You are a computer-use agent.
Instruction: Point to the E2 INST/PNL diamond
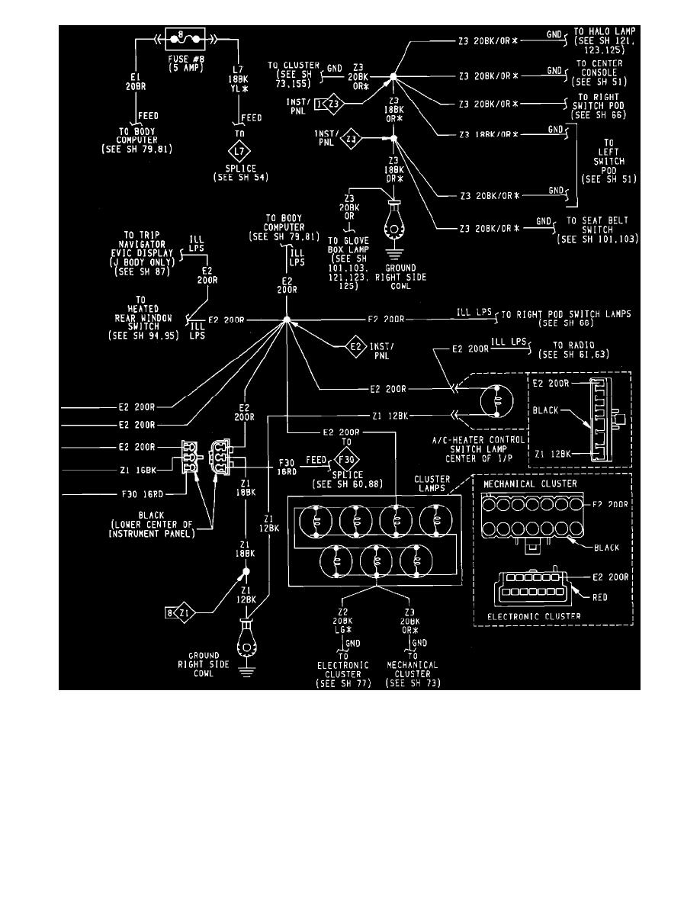354,348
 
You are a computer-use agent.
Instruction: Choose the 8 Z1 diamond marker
178,612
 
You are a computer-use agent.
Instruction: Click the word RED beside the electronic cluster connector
599,597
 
